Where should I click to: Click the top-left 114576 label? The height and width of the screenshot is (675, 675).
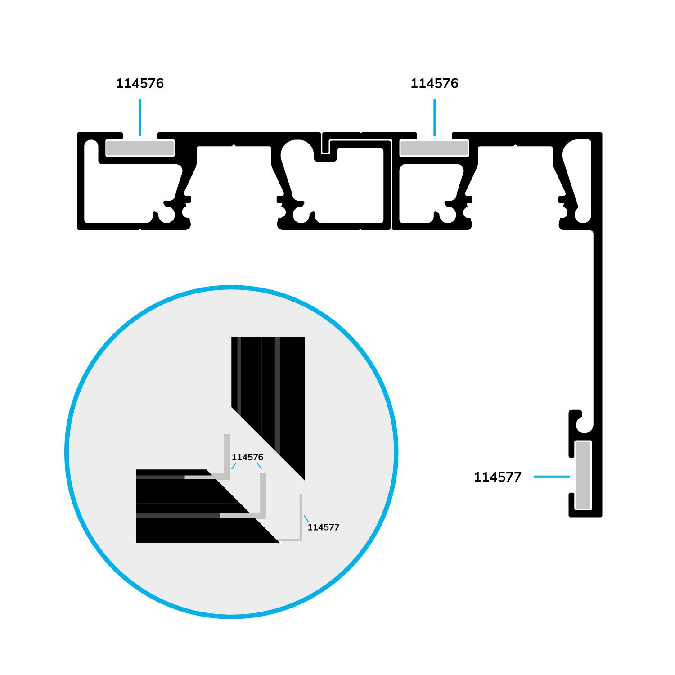(x=140, y=83)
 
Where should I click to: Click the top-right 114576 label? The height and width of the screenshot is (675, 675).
(x=434, y=83)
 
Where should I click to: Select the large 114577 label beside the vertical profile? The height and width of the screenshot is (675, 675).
(x=497, y=477)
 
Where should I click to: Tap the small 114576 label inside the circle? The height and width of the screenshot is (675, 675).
(x=247, y=457)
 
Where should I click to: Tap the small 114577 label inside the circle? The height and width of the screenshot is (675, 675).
(x=324, y=527)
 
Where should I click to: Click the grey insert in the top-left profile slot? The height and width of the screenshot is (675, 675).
(x=140, y=148)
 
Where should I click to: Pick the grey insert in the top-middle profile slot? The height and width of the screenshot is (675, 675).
(x=434, y=148)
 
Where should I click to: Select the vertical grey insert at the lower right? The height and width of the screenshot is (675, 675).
(x=584, y=476)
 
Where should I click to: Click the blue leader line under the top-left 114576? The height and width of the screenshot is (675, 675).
(x=140, y=117)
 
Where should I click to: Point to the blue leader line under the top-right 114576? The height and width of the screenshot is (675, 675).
(x=434, y=117)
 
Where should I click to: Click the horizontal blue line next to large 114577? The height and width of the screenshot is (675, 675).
(x=552, y=477)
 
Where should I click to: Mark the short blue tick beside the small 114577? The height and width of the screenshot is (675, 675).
(x=306, y=519)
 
